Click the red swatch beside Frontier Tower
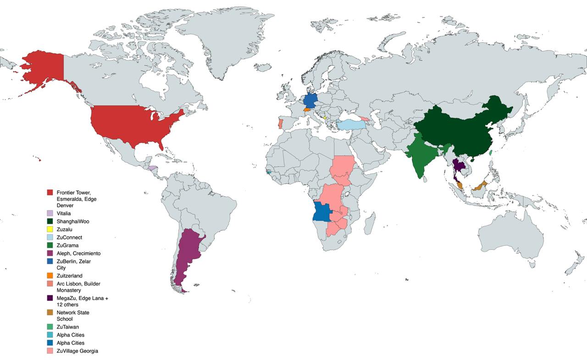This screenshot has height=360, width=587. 50,192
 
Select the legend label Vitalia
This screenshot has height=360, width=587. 63,213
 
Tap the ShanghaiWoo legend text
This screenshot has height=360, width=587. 72,221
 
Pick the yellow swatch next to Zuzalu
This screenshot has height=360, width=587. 50,229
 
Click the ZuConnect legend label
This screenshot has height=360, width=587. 69,238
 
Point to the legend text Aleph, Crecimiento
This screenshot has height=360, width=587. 78,253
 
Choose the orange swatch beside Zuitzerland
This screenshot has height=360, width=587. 50,276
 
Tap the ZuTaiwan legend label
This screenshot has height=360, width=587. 68,327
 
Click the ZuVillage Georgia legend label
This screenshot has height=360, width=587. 77,351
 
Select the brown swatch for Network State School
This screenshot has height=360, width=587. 50,312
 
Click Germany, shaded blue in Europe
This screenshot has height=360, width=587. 310,100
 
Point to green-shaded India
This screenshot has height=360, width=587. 421,156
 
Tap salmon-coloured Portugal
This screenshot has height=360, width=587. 280,124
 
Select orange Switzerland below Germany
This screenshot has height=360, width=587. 307,110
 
